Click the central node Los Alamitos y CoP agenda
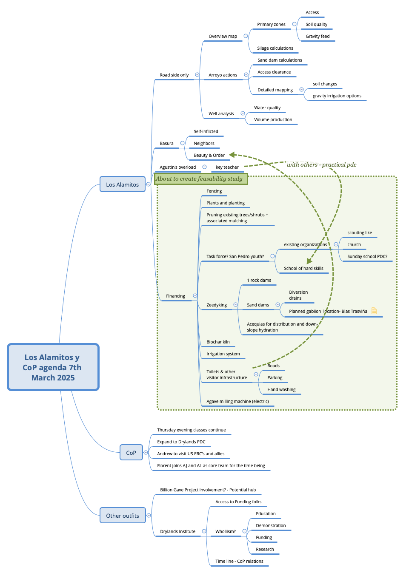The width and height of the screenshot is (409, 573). coord(53,367)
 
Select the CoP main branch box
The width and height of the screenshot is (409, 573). coord(131,453)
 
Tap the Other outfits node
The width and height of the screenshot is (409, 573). coord(123,516)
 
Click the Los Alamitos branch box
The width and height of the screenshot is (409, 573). coord(123,184)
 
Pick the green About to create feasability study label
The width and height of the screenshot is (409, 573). coord(200,179)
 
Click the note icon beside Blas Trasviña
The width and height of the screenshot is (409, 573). coord(374,311)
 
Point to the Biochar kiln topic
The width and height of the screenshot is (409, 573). coord(218,342)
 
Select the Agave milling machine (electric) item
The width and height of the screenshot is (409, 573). coord(237,402)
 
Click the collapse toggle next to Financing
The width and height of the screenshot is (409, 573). coord(195,296)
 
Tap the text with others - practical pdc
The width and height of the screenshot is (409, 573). coord(321,165)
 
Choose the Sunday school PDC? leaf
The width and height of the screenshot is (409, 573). coord(367,257)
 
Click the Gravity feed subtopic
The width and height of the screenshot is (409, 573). coord(317,37)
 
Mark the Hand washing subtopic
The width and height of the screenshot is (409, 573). coord(281,390)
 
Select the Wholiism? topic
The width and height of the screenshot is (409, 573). coord(225,532)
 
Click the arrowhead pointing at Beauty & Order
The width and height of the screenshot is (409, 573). coord(232,155)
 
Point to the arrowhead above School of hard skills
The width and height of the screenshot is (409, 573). coord(309,261)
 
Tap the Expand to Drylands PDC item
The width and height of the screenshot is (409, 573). coord(181,442)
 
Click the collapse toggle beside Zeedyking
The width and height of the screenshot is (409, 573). coord(235,305)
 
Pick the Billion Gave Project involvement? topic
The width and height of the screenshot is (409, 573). coord(208,490)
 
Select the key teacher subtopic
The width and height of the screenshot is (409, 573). coord(227,167)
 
